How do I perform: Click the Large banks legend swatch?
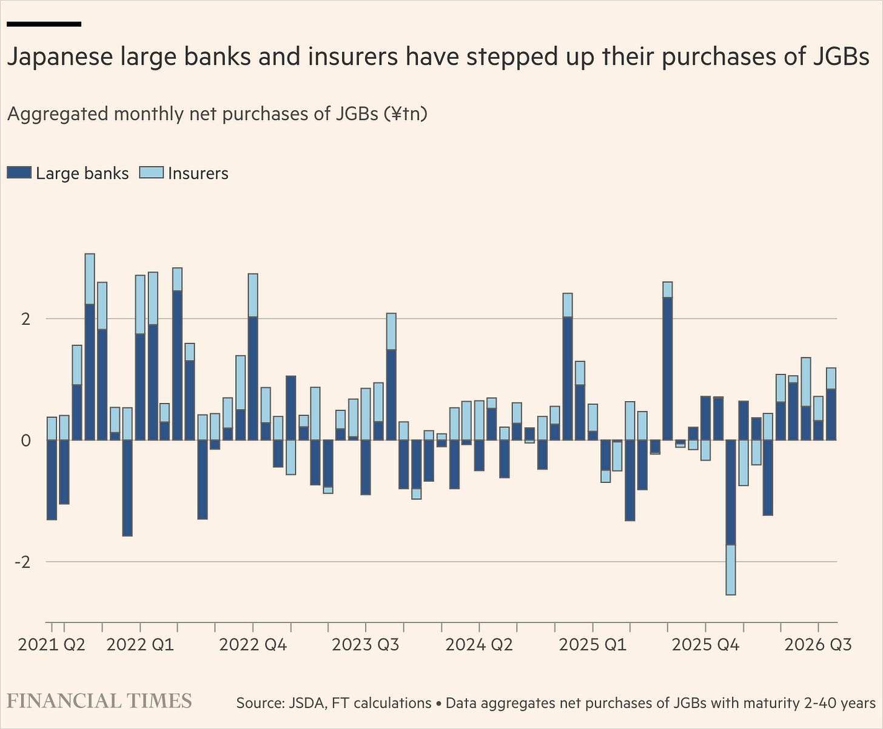(x=19, y=173)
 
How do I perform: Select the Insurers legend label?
(x=198, y=173)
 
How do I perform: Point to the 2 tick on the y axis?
(x=26, y=319)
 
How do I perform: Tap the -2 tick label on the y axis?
(x=22, y=562)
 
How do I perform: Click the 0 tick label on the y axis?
(x=26, y=441)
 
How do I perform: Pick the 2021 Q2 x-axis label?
(x=52, y=645)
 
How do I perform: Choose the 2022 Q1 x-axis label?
(x=140, y=645)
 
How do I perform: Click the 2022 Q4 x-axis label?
(x=253, y=645)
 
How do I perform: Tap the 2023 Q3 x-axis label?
(x=365, y=645)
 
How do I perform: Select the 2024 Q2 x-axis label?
(x=479, y=645)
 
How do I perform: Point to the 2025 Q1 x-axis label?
(x=593, y=645)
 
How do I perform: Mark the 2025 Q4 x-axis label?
(x=705, y=645)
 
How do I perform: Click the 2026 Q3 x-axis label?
(x=818, y=645)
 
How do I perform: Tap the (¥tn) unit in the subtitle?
(x=406, y=114)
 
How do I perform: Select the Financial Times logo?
(x=99, y=701)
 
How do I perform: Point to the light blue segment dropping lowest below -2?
(x=730, y=570)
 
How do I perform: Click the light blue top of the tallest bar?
(x=90, y=279)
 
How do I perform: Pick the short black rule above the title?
(x=44, y=24)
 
